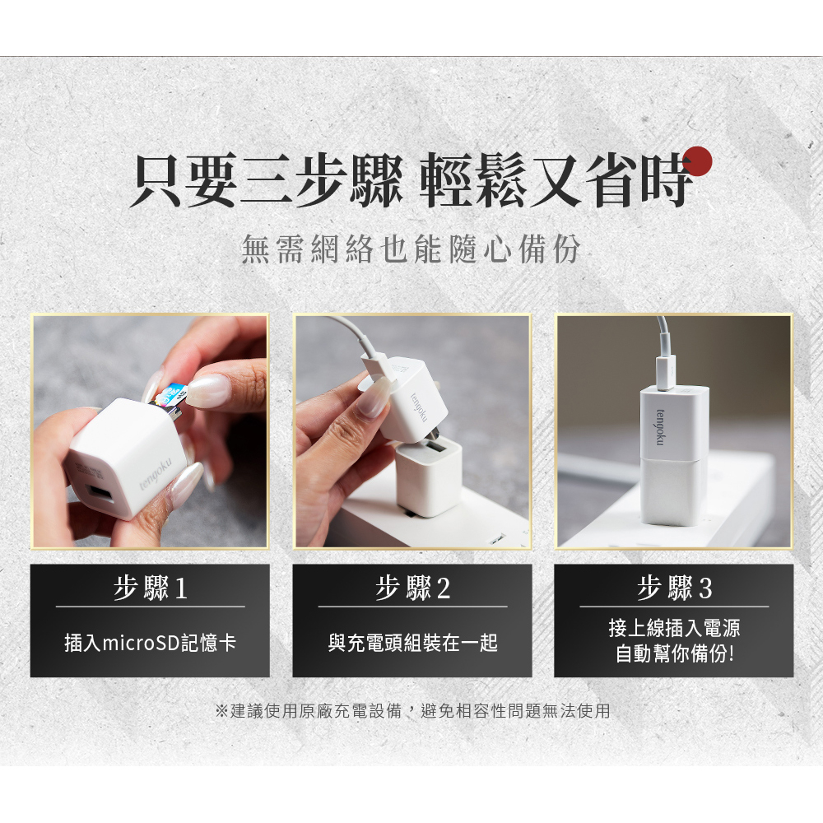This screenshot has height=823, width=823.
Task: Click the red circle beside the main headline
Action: (x=696, y=161)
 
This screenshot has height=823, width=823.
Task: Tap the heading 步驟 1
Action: (x=151, y=588)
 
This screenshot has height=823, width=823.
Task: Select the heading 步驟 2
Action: (x=412, y=588)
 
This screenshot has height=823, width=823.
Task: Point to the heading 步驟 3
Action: (x=675, y=588)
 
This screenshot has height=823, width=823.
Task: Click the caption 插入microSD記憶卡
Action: (x=150, y=643)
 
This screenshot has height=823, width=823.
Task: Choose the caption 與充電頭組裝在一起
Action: (x=412, y=643)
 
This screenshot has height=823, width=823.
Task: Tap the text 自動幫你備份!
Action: (x=675, y=654)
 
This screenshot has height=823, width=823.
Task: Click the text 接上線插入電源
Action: (x=675, y=628)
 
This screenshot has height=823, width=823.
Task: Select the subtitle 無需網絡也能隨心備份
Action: (x=411, y=249)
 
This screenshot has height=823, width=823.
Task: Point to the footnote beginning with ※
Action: (x=412, y=711)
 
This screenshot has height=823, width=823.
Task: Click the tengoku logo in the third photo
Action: (x=660, y=427)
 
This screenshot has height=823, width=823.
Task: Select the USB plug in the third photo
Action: (x=666, y=373)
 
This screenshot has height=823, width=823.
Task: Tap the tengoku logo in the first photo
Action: (x=156, y=475)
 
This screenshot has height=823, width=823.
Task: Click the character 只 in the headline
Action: (x=156, y=179)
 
